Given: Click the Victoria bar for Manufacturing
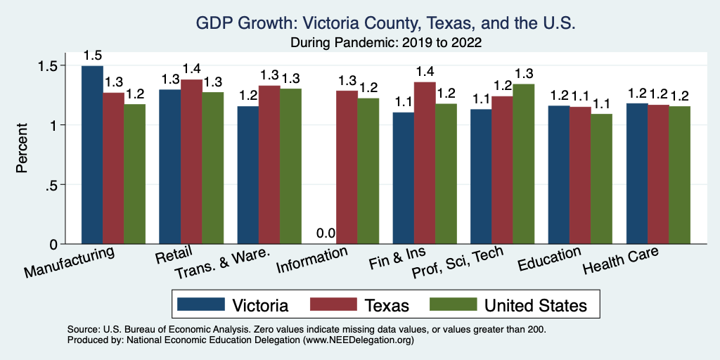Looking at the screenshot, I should (x=92, y=155).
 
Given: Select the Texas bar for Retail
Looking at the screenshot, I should (x=191, y=162).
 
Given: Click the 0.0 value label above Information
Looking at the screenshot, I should (x=326, y=233).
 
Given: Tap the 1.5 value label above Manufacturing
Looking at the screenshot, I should (x=92, y=55).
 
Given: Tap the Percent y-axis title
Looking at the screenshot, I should (x=22, y=149).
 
